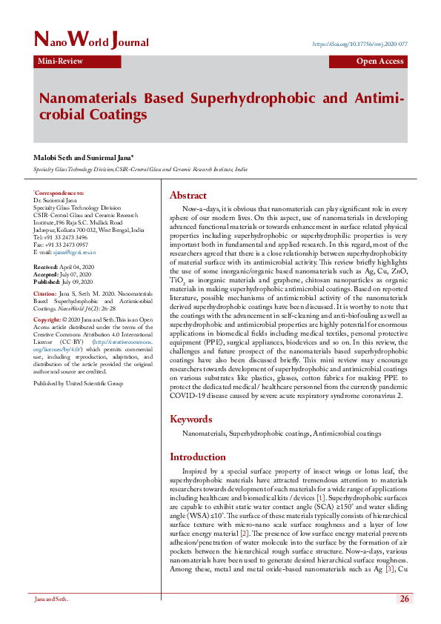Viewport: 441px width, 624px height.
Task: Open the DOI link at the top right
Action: [360, 44]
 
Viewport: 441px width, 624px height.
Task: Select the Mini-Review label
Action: [60, 62]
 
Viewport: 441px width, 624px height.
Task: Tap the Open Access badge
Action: [380, 62]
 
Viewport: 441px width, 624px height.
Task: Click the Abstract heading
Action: [188, 196]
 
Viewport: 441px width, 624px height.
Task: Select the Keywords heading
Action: [192, 419]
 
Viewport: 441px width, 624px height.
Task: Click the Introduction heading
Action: [198, 457]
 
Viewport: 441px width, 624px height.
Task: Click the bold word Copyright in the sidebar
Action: [47, 319]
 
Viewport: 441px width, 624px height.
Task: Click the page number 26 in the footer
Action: [404, 598]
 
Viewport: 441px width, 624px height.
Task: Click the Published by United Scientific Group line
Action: [78, 383]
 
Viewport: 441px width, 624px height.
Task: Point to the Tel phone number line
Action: [60, 237]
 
